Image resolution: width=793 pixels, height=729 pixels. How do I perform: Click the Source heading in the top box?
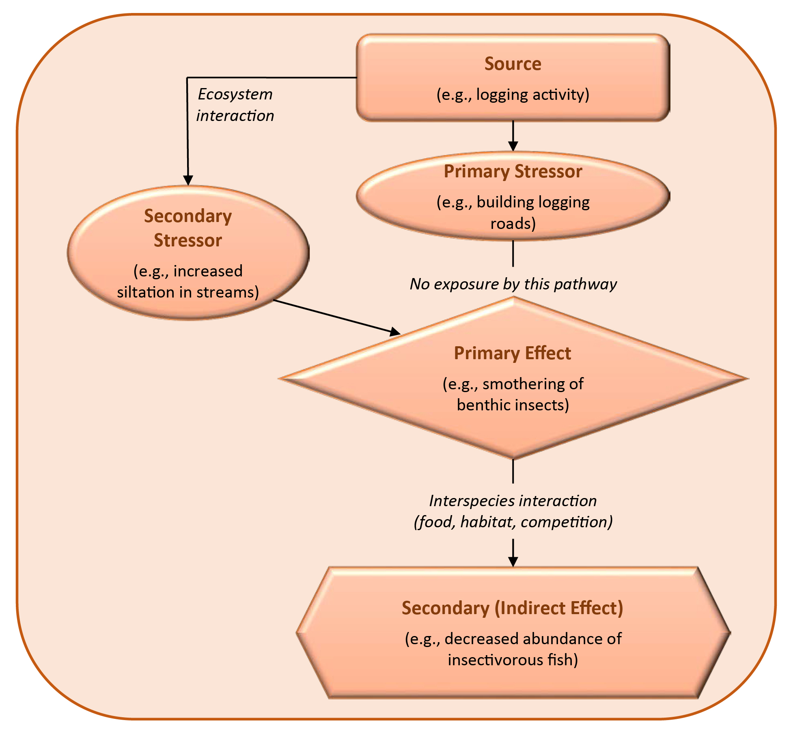[x=513, y=64]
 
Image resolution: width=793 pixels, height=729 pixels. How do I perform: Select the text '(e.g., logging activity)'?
[x=513, y=95]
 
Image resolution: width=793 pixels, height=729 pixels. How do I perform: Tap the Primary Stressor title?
[x=513, y=171]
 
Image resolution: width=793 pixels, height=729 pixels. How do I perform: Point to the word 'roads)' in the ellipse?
[x=513, y=224]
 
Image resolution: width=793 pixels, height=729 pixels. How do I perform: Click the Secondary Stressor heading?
[x=188, y=228]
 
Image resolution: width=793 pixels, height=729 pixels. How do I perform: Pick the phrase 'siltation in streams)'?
[x=188, y=292]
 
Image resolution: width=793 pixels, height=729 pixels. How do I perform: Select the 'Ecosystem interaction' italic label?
[x=235, y=105]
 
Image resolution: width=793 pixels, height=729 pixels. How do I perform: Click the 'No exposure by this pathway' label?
[x=513, y=284]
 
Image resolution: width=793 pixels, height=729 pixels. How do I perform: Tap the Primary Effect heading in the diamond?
[x=512, y=353]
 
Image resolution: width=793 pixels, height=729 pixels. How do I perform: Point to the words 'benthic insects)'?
[x=513, y=405]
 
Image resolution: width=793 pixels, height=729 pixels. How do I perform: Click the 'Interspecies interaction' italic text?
[x=513, y=501]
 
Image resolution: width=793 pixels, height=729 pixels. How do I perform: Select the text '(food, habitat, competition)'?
[x=513, y=522]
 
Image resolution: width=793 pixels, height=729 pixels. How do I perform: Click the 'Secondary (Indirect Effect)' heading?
[x=512, y=608]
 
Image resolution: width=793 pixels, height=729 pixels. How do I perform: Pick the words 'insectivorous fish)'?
[x=513, y=660]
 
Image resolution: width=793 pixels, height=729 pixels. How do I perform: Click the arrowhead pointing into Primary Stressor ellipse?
[x=513, y=147]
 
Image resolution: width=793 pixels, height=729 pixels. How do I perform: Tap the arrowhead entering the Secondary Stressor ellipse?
[x=188, y=180]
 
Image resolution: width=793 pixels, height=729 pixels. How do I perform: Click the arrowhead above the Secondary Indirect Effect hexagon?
[x=513, y=561]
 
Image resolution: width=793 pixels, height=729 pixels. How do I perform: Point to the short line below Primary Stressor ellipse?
[x=513, y=253]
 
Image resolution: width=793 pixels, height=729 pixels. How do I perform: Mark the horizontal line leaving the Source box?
[x=272, y=77]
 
